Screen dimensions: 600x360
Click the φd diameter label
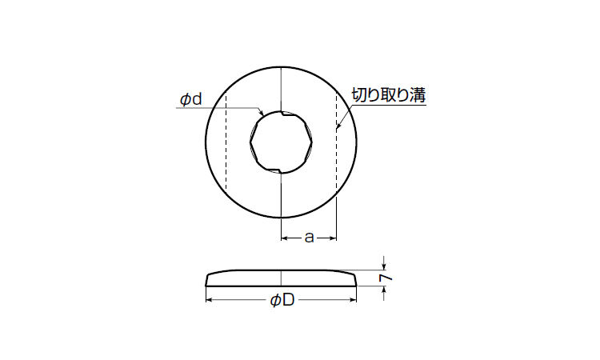tap(190, 99)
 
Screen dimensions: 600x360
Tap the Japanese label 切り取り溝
tap(388, 95)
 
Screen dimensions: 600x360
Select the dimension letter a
tap(309, 238)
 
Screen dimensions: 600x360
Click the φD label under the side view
tap(282, 300)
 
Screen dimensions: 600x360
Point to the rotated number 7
tap(387, 278)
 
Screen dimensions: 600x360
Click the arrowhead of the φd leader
tap(262, 114)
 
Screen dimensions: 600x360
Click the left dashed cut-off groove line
tap(226, 142)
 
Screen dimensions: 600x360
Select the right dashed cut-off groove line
tap(336, 142)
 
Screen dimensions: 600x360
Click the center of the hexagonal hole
tap(282, 142)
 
